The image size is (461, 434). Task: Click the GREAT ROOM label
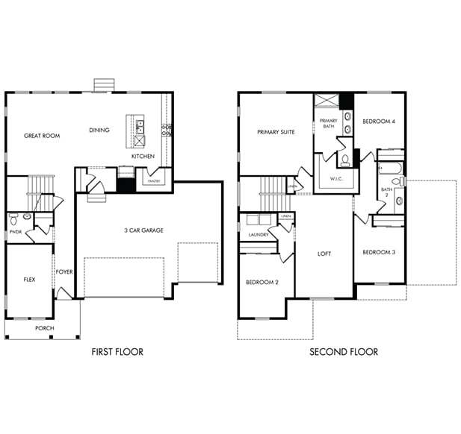pyautogui.click(x=42, y=136)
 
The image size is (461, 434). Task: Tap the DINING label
pyautogui.click(x=99, y=130)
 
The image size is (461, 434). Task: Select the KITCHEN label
pyautogui.click(x=143, y=157)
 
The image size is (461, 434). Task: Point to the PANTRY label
pyautogui.click(x=154, y=180)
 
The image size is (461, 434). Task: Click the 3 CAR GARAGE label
pyautogui.click(x=143, y=230)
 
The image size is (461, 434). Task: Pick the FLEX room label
pyautogui.click(x=30, y=280)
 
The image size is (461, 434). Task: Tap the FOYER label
pyautogui.click(x=64, y=272)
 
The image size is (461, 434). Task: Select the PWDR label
pyautogui.click(x=15, y=232)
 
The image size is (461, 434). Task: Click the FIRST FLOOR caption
pyautogui.click(x=117, y=352)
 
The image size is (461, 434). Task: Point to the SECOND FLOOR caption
pyautogui.click(x=344, y=352)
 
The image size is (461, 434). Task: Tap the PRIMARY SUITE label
pyautogui.click(x=276, y=132)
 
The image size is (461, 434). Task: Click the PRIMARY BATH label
pyautogui.click(x=329, y=124)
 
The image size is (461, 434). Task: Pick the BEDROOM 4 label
pyautogui.click(x=379, y=122)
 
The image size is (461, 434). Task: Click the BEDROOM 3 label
pyautogui.click(x=379, y=252)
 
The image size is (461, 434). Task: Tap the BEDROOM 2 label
pyautogui.click(x=262, y=283)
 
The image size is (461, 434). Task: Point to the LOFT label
pyautogui.click(x=324, y=254)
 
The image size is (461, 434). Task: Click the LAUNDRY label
pyautogui.click(x=259, y=235)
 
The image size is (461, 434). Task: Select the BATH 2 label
pyautogui.click(x=386, y=192)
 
